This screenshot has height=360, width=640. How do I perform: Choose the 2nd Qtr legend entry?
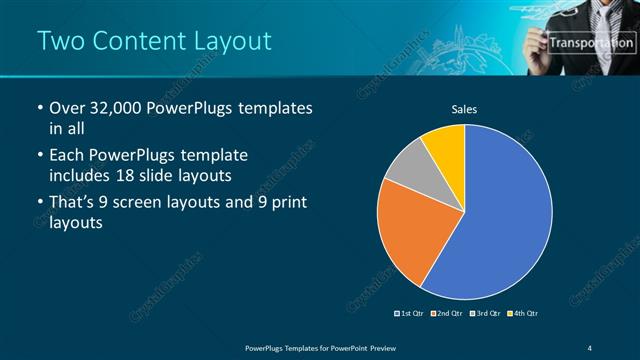click(446, 314)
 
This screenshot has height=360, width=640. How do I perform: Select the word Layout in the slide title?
click(228, 41)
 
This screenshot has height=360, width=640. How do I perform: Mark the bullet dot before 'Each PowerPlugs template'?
click(38, 156)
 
